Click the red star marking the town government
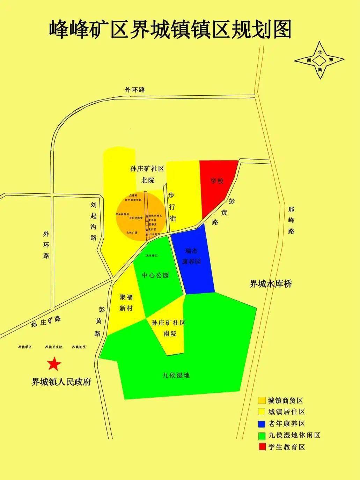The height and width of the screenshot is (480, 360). (x=54, y=364)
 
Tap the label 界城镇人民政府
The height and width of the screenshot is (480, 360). (x=61, y=382)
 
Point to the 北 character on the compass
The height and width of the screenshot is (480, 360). (x=319, y=52)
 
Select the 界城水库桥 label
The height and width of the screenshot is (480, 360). (x=271, y=283)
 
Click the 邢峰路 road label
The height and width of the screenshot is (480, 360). (x=291, y=220)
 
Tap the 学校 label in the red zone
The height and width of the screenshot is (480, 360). (x=216, y=181)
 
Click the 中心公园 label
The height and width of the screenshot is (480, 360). (x=155, y=275)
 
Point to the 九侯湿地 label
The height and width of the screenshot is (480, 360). (x=176, y=376)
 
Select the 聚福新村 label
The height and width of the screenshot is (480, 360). (x=126, y=303)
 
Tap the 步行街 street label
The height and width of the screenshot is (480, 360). (x=172, y=207)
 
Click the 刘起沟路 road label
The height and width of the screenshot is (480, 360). (x=94, y=221)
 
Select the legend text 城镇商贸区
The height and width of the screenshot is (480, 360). (x=285, y=400)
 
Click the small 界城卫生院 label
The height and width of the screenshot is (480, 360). (x=53, y=347)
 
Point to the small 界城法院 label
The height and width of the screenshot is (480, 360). (x=79, y=347)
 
